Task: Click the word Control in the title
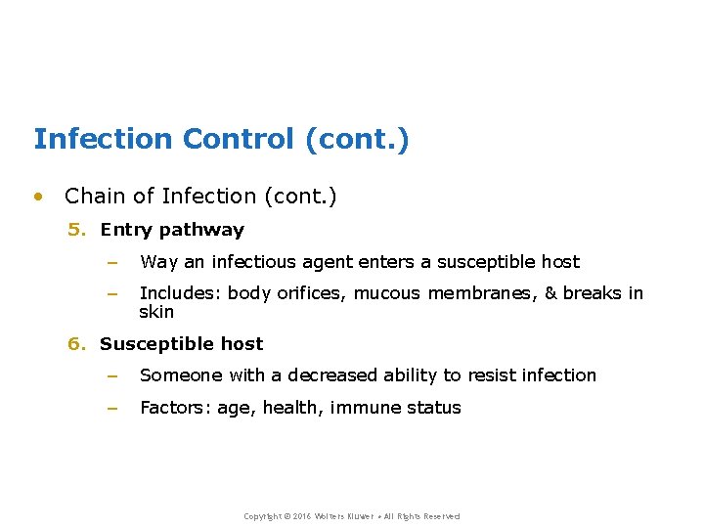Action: (x=237, y=139)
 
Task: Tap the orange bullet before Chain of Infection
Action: (x=38, y=197)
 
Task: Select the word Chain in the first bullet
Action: (x=95, y=197)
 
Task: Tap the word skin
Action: (x=156, y=312)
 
